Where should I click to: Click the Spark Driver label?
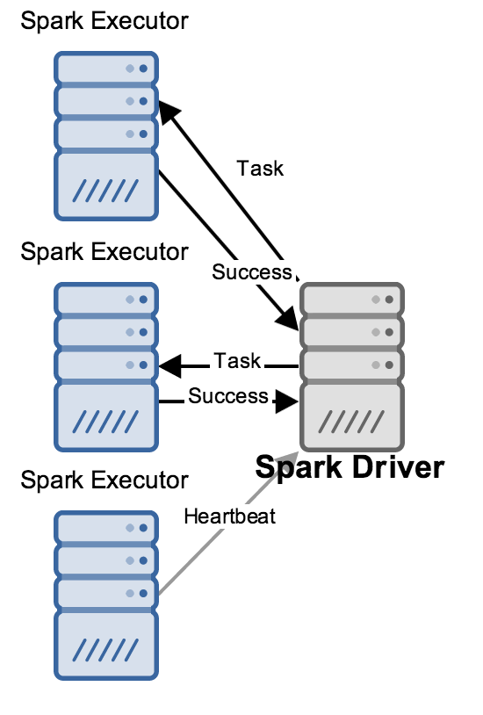tap(350, 468)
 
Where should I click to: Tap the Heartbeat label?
tap(230, 516)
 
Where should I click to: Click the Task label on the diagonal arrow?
tap(260, 169)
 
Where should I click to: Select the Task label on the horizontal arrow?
tap(238, 361)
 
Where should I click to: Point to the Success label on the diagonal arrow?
tap(252, 271)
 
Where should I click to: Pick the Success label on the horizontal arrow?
tap(228, 396)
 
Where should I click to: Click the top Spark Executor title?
tap(105, 21)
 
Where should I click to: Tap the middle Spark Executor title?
tap(105, 252)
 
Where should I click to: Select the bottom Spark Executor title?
tap(105, 480)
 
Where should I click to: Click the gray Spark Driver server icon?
tap(351, 366)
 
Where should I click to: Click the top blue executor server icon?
tap(106, 136)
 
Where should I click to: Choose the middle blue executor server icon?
tap(106, 366)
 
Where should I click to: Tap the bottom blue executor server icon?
tap(106, 595)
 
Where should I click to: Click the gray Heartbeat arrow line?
tap(228, 523)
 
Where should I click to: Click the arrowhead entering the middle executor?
tap(169, 365)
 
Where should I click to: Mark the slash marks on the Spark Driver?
tap(351, 422)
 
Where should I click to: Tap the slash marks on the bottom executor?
tap(105, 650)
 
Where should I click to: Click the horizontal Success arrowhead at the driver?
tap(287, 401)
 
